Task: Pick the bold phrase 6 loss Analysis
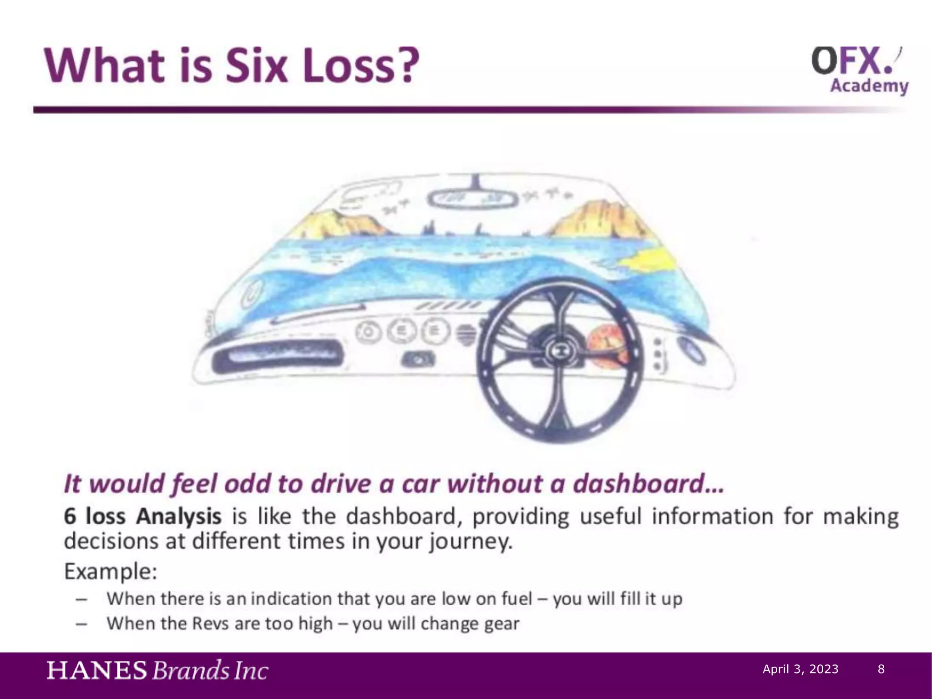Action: click(142, 517)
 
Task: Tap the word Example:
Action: click(111, 572)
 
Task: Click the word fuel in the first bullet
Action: click(517, 599)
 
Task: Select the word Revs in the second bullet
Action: click(210, 623)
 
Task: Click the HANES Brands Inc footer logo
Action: click(157, 671)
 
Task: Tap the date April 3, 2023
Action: click(800, 669)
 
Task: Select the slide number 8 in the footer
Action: click(881, 669)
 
